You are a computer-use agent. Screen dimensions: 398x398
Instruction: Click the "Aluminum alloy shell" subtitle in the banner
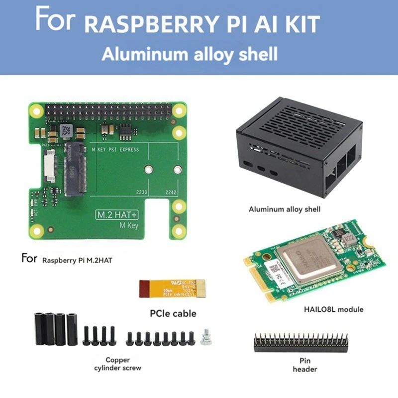coord(190,54)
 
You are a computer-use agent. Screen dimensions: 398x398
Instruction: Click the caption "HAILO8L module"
coord(333,309)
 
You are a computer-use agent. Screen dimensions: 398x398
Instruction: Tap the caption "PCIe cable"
coord(173,314)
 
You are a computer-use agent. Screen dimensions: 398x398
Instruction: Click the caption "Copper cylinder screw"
coord(117,364)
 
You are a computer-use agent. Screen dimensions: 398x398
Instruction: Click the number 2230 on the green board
coord(142,193)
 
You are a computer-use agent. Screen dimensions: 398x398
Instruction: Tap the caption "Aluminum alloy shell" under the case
coord(284,209)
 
